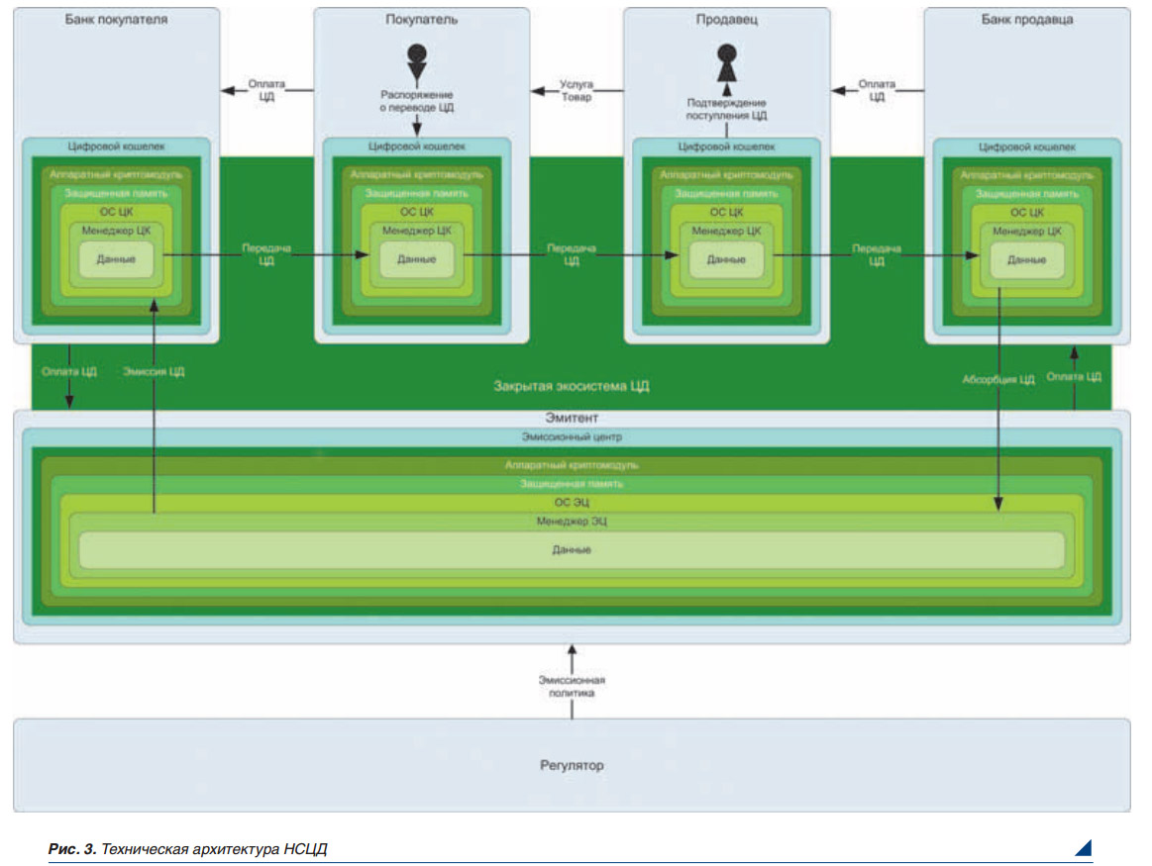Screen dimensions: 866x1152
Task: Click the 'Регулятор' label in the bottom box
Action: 572,765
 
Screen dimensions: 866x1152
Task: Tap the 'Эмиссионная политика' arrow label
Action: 572,687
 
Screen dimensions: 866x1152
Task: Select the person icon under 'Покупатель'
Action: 416,60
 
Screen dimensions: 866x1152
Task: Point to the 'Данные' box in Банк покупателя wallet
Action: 116,259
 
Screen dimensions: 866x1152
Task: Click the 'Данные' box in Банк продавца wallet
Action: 1026,259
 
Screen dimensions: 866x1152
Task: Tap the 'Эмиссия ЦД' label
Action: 155,372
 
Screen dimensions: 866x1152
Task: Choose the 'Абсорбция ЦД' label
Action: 997,378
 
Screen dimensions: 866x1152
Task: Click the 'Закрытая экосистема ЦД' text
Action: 572,386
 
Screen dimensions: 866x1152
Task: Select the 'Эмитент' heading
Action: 572,419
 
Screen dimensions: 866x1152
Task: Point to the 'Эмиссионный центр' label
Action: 572,436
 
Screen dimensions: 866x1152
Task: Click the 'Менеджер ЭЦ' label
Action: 572,520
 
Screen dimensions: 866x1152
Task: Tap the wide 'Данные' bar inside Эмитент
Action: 572,549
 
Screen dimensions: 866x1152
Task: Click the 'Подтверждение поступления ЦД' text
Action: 727,109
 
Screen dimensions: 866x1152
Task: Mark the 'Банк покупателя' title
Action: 115,19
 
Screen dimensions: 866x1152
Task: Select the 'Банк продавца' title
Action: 1026,19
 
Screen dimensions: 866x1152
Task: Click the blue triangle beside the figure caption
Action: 1083,847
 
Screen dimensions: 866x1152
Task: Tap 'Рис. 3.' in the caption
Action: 71,849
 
